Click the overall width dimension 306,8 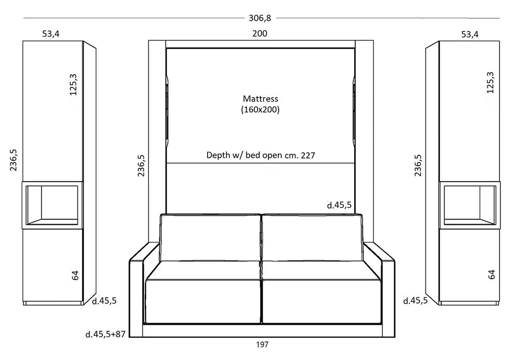coord(260,19)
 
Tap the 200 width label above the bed coord(260,34)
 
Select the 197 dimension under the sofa coord(262,344)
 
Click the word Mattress coord(260,99)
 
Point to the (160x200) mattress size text coord(260,110)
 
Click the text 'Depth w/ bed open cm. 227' coord(260,155)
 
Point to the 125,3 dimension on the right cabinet coord(490,82)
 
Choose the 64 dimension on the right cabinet coord(492,275)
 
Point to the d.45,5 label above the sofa coord(339,205)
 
